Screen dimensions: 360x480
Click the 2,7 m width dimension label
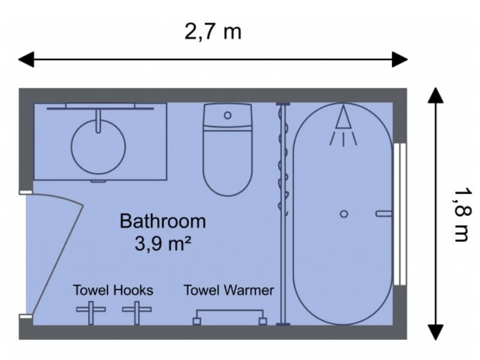click(x=213, y=31)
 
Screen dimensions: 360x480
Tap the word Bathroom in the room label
click(x=163, y=221)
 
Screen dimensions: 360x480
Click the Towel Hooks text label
click(x=113, y=290)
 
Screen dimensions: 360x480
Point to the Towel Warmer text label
click(x=229, y=290)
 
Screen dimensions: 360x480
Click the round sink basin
click(x=98, y=147)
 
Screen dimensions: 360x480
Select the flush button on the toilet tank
click(x=227, y=115)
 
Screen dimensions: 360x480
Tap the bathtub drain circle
click(x=344, y=214)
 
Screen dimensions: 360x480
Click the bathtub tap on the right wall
click(x=383, y=214)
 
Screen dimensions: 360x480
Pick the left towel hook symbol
click(x=91, y=311)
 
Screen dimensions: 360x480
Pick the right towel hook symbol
click(x=137, y=311)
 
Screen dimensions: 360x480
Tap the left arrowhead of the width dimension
click(x=26, y=59)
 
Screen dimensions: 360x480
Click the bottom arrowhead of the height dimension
click(x=436, y=332)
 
